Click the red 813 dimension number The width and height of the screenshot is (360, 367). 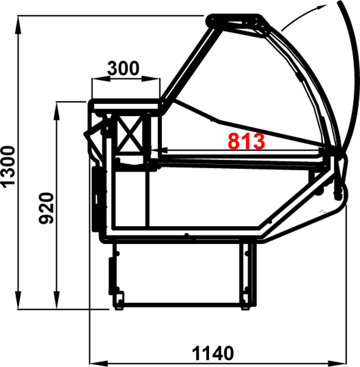pos(246,141)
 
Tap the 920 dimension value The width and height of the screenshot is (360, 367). pos(46,209)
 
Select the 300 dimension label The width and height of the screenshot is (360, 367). pos(123,69)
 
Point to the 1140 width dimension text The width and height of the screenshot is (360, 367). pos(213,353)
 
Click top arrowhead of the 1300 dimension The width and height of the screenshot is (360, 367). pos(18,25)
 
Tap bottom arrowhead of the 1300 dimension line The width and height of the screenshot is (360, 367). pos(18,300)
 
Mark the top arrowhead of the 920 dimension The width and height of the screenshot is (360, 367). pos(56,111)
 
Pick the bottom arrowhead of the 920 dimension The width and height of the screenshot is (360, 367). pos(56,300)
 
